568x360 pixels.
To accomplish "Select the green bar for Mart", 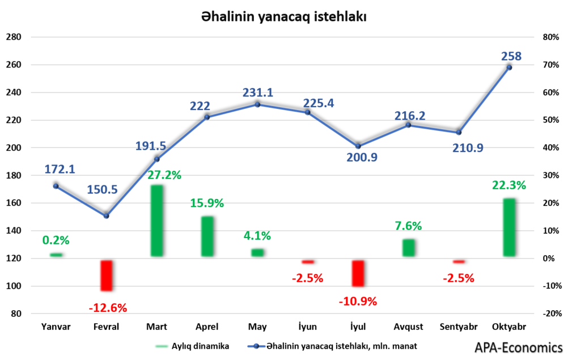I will click(157, 221).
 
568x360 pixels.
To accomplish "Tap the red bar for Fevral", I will click(107, 276).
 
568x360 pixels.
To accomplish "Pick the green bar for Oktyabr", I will click(510, 227).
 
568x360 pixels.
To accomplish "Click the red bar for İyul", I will click(358, 273).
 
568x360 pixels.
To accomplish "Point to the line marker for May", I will click(257, 104).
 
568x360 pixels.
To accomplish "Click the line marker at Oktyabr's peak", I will click(509, 67).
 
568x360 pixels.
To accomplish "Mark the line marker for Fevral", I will click(106, 216).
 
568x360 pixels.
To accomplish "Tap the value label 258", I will click(511, 56).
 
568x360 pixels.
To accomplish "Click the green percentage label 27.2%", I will click(164, 175).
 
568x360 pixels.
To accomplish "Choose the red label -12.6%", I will click(108, 308).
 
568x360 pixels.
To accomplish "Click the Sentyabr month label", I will click(459, 327).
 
